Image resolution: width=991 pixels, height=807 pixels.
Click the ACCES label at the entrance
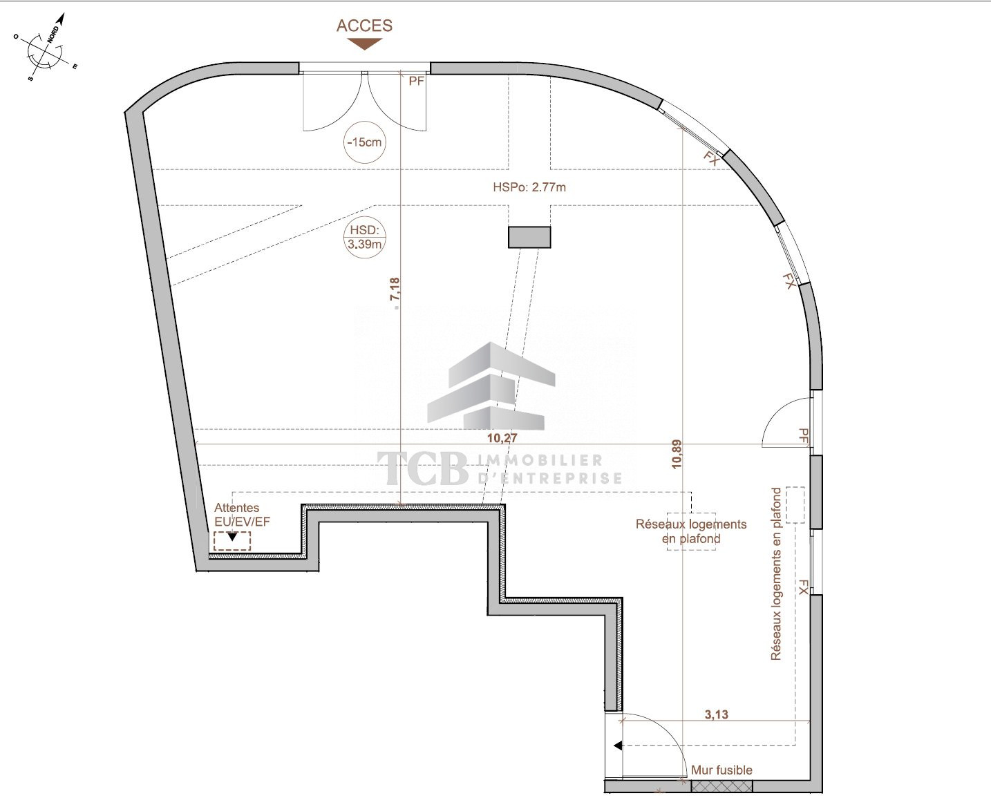tap(364, 26)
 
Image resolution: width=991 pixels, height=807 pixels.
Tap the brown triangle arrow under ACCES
tap(365, 44)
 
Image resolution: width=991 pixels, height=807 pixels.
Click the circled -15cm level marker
tap(365, 142)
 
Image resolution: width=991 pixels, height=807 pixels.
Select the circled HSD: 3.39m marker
tap(365, 237)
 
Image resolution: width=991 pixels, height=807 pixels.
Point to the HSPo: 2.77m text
tap(529, 187)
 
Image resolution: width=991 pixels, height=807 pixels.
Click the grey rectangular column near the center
tap(529, 237)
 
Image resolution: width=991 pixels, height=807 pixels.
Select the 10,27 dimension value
tap(502, 437)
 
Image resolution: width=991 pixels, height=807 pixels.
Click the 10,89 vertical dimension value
tap(677, 454)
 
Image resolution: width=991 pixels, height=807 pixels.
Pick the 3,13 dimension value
tap(716, 714)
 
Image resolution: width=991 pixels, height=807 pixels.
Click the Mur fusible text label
tap(721, 770)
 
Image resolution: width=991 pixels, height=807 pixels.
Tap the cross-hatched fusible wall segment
tap(721, 786)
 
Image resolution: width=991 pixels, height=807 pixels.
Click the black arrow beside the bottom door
tap(618, 746)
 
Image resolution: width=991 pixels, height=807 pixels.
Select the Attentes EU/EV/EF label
tap(242, 515)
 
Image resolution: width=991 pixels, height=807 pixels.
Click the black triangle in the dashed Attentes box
tap(232, 538)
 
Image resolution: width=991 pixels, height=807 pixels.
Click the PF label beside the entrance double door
tap(417, 82)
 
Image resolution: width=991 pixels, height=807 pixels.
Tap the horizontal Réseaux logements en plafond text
tap(691, 531)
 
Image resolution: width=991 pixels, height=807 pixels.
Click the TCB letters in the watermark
tap(422, 468)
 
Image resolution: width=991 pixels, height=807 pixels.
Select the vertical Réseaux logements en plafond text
tap(775, 574)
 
